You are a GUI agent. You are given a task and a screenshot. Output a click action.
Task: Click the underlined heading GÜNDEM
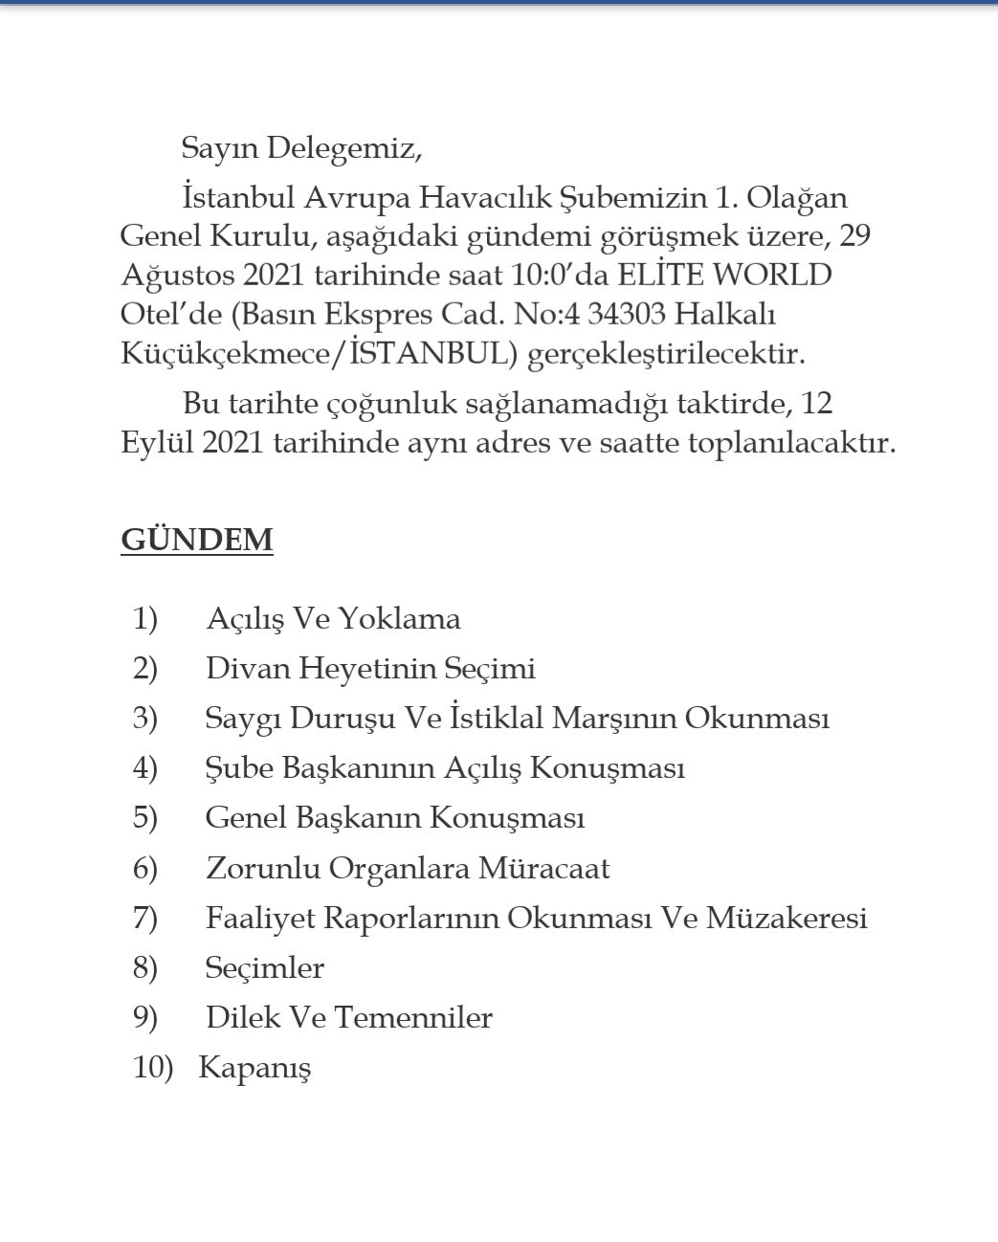click(x=196, y=540)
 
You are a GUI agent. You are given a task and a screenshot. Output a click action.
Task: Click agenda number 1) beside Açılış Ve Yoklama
click(x=144, y=619)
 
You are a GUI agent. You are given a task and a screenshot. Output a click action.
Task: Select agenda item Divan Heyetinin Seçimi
click(x=369, y=669)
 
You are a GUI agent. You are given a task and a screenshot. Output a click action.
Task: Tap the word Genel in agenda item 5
click(x=243, y=818)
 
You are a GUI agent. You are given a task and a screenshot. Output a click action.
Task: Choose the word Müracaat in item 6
click(x=543, y=869)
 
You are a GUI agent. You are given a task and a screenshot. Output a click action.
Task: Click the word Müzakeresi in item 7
click(x=787, y=919)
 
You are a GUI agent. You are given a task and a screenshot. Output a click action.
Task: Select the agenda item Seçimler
click(x=264, y=968)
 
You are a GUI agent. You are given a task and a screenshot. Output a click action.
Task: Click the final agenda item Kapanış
click(x=255, y=1068)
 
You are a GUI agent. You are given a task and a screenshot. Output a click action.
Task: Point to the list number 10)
click(x=153, y=1068)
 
